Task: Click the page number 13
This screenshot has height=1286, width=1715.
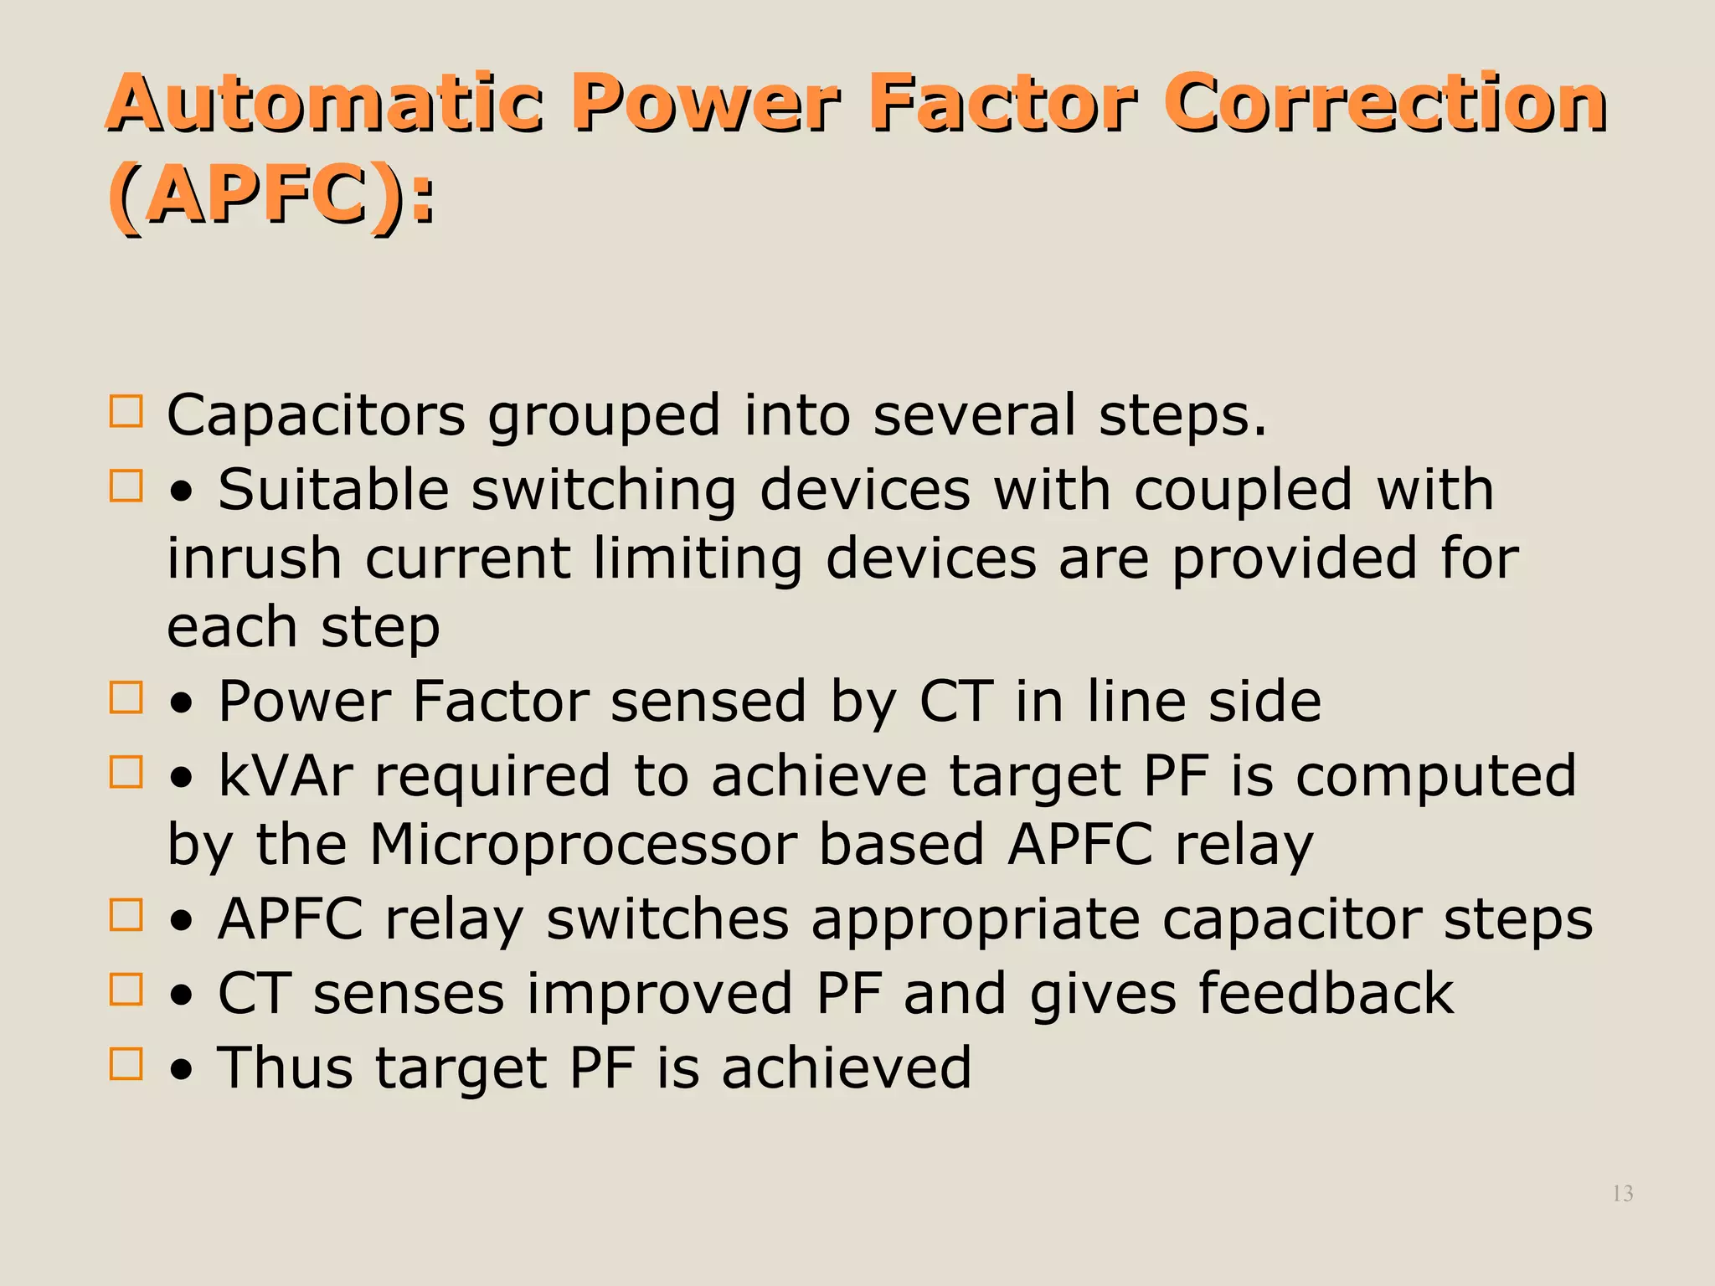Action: click(1622, 1193)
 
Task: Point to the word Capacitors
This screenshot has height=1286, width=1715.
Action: click(316, 415)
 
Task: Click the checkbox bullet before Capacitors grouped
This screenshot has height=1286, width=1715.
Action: click(126, 412)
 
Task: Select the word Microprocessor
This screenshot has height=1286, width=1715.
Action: click(584, 844)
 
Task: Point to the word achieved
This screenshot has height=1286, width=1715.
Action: click(847, 1068)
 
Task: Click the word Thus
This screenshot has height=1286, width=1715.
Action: click(285, 1068)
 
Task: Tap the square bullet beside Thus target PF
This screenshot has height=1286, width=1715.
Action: click(126, 1064)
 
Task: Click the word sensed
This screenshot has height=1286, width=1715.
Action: click(708, 702)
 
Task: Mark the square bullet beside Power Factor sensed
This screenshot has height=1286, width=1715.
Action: click(126, 697)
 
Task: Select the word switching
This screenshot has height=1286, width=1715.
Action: click(604, 491)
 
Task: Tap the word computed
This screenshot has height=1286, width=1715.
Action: click(1435, 777)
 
